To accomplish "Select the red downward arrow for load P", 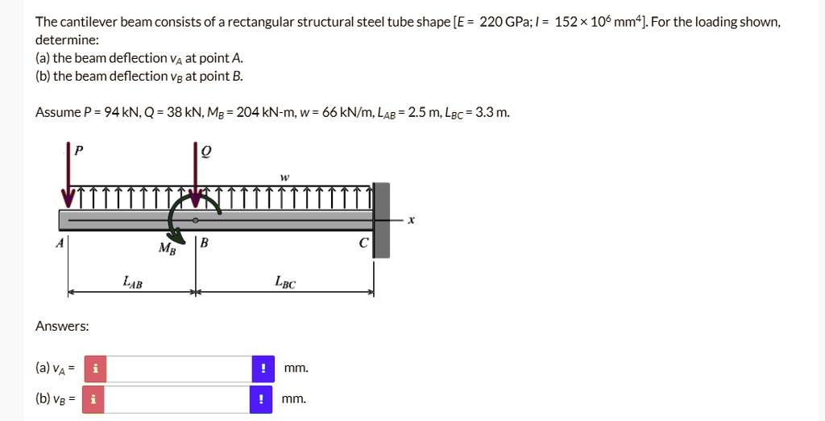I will click(68, 173).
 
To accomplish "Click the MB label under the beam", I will click(167, 248).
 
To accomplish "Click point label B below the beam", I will click(205, 243).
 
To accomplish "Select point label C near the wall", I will click(364, 243).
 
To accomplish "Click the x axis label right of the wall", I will click(411, 219).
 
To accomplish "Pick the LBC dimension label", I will click(284, 282).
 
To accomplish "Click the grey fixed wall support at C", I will click(382, 219).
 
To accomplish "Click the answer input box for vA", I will click(178, 369).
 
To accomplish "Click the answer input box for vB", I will click(178, 399).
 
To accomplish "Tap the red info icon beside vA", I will click(94, 369).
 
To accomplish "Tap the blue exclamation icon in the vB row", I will click(262, 399).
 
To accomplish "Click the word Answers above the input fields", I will click(62, 327).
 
